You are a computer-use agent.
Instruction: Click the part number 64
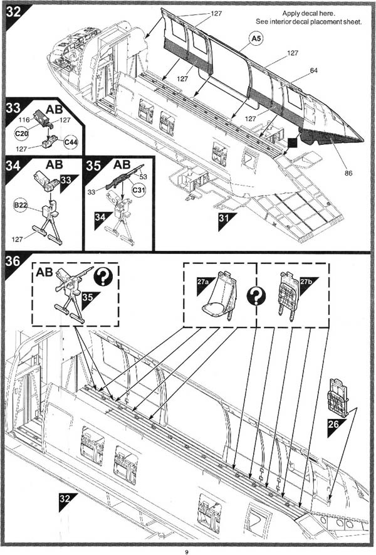(x=313, y=71)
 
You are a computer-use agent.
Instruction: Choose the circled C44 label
(x=71, y=142)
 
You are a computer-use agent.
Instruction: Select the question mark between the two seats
(x=256, y=295)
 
